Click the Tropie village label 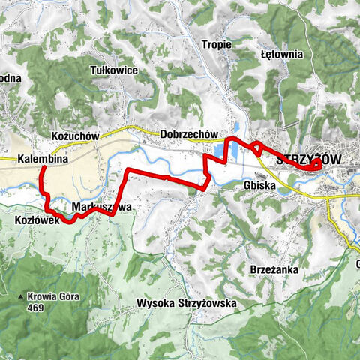coord(217,44)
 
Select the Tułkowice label coord(112,69)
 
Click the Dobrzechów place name coord(187,135)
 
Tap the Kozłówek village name coord(32,220)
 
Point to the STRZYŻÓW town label coord(307,160)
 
